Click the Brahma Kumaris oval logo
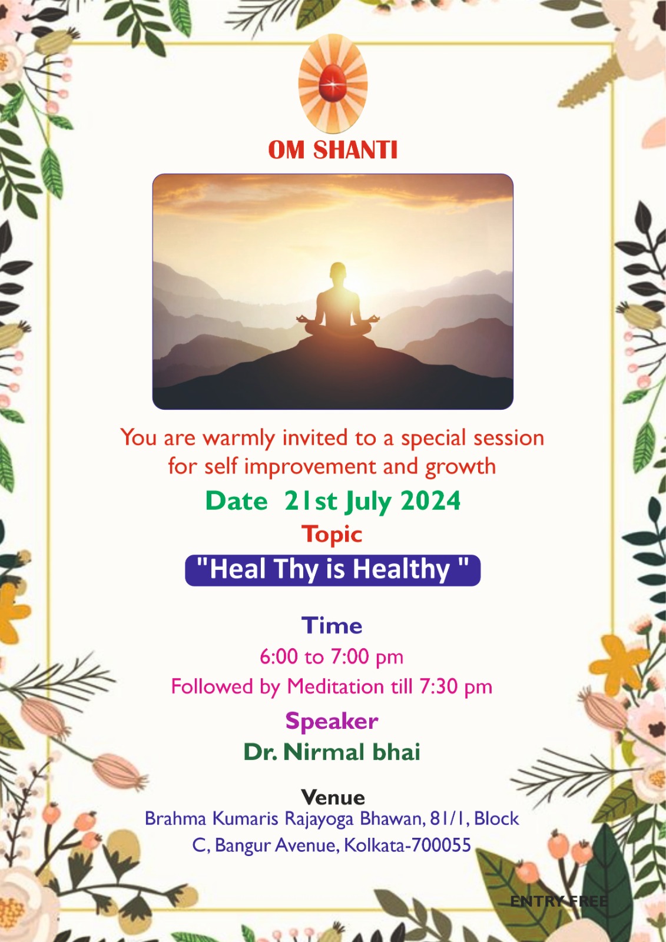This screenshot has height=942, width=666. click(x=333, y=83)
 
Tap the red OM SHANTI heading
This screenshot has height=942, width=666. click(x=333, y=150)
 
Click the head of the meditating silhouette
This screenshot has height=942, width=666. click(x=337, y=273)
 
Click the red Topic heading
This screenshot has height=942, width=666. click(x=332, y=535)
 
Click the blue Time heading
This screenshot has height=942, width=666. click(x=332, y=625)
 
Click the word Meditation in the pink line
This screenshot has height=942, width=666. click(x=335, y=686)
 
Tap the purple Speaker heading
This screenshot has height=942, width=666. click(x=332, y=722)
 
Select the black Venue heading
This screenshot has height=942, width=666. click(x=333, y=797)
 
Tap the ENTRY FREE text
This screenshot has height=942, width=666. click(x=559, y=901)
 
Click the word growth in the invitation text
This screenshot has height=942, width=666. click(x=460, y=467)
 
